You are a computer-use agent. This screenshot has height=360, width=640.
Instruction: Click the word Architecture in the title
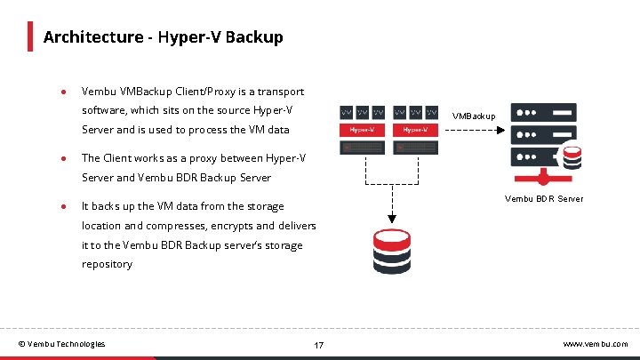pyautogui.click(x=92, y=37)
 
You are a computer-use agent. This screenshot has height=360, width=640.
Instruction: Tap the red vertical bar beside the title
pyautogui.click(x=29, y=36)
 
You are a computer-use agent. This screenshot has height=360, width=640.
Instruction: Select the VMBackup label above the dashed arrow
pyautogui.click(x=473, y=116)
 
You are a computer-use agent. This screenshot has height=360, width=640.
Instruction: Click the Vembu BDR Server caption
pyautogui.click(x=544, y=198)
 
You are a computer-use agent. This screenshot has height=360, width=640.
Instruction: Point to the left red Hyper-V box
pyautogui.click(x=362, y=130)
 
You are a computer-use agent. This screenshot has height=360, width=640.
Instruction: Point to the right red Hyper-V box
pyautogui.click(x=416, y=130)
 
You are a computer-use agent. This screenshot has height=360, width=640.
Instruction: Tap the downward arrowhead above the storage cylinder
pyautogui.click(x=389, y=218)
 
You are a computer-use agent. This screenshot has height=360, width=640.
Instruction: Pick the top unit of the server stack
pyautogui.click(x=541, y=114)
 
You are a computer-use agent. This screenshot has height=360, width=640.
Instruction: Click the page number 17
pyautogui.click(x=319, y=344)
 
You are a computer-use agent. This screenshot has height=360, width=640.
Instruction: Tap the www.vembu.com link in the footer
pyautogui.click(x=596, y=344)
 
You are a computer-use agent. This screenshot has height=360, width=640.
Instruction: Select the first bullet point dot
pyautogui.click(x=64, y=92)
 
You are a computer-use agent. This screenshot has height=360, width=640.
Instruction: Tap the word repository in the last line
pyautogui.click(x=107, y=264)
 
